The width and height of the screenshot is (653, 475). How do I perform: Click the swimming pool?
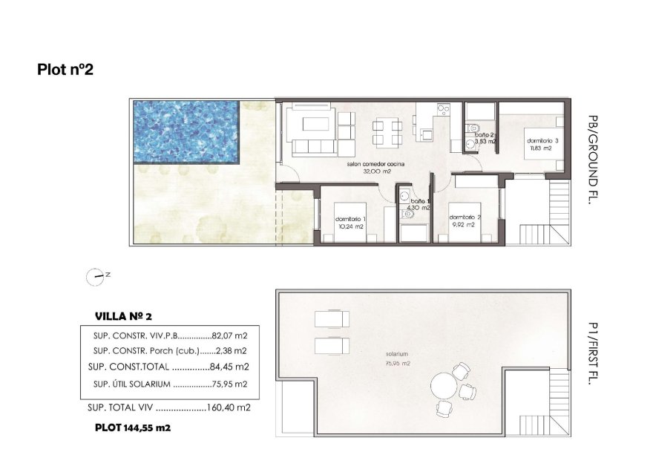point(186,132)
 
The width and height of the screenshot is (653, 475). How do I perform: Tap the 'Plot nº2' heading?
point(65,70)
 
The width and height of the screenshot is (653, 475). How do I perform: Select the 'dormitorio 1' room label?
point(350,219)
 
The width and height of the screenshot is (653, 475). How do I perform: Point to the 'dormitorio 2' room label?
point(466,217)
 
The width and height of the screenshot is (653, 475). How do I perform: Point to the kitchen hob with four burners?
point(444,111)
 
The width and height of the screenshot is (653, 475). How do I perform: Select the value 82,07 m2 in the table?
point(229,336)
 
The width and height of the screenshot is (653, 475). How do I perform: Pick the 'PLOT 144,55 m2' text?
point(133,427)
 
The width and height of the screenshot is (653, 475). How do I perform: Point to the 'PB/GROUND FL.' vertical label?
point(591,159)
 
